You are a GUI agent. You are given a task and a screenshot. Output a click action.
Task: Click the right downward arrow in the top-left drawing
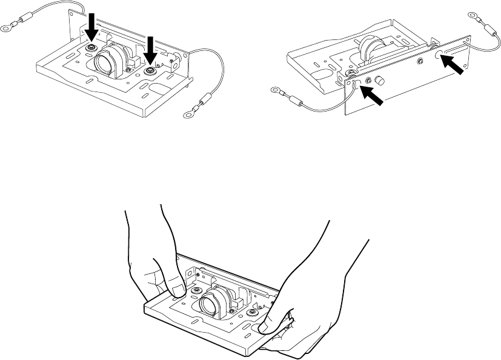pos(150,49)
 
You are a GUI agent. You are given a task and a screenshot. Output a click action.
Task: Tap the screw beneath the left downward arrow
pos(91,48)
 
